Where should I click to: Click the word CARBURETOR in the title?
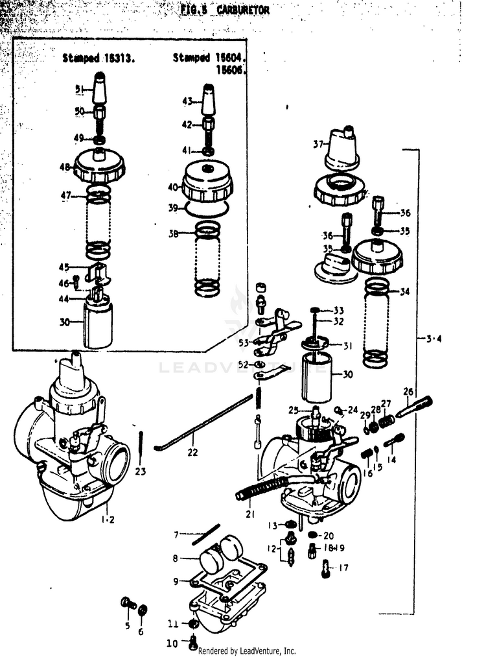[x=242, y=10]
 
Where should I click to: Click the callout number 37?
[x=317, y=144]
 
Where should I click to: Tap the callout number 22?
[x=192, y=451]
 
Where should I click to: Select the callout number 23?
[x=141, y=471]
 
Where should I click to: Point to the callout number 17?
[x=343, y=568]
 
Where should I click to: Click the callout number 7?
[x=176, y=534]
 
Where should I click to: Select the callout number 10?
[x=172, y=644]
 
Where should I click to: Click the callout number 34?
[x=404, y=291]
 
